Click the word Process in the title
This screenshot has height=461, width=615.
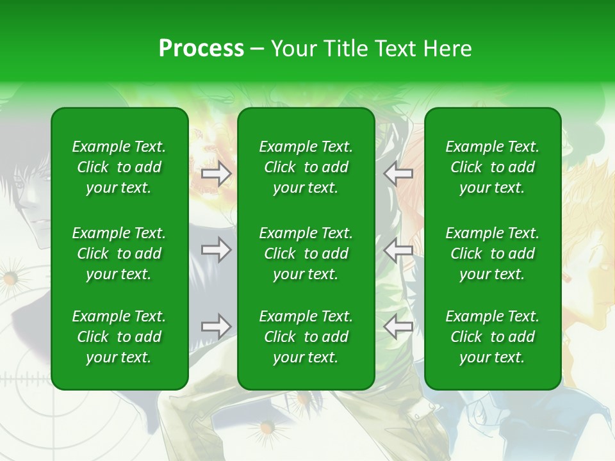pyautogui.click(x=201, y=48)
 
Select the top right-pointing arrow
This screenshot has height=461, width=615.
pyautogui.click(x=217, y=174)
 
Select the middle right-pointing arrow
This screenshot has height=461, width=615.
pyautogui.click(x=217, y=250)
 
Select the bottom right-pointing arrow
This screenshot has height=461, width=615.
pyautogui.click(x=217, y=327)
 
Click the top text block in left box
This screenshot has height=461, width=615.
pyautogui.click(x=119, y=167)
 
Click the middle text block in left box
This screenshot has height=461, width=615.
pyautogui.click(x=119, y=254)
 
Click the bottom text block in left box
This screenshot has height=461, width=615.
pyautogui.click(x=119, y=337)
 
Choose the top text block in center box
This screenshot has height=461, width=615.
pyautogui.click(x=306, y=167)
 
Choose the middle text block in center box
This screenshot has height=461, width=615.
pyautogui.click(x=306, y=254)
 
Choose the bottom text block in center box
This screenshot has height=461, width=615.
pyautogui.click(x=306, y=337)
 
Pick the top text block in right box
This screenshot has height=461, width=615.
pyautogui.click(x=493, y=167)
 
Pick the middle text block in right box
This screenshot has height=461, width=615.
pyautogui.click(x=493, y=254)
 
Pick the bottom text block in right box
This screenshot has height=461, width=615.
pyautogui.click(x=493, y=337)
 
